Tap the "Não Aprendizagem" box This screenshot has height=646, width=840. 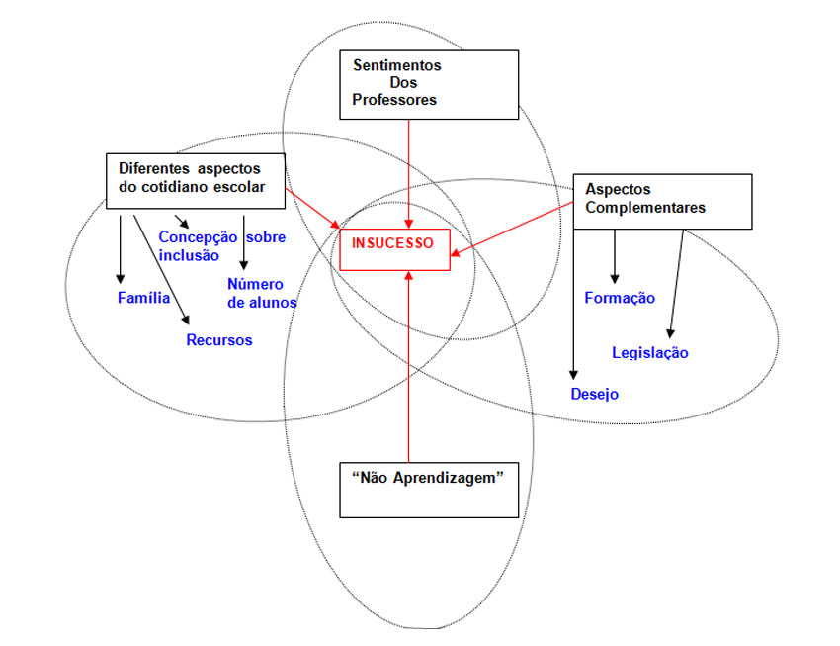click(429, 489)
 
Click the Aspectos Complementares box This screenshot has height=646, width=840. click(661, 201)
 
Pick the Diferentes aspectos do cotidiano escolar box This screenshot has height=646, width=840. click(195, 181)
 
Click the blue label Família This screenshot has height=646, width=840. click(143, 297)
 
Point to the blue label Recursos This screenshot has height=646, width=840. click(219, 340)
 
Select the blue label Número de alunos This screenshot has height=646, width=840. click(262, 293)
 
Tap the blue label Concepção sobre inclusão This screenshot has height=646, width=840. click(214, 245)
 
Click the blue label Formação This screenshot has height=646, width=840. click(620, 298)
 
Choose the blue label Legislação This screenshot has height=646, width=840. click(650, 352)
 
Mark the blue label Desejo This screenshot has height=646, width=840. click(595, 394)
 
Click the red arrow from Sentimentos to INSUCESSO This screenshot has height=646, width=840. click(409, 168)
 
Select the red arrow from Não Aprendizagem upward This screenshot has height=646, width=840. click(409, 366)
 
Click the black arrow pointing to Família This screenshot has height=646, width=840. click(121, 247)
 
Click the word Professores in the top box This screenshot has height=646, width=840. click(394, 99)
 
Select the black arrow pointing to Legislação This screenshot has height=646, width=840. click(676, 282)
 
